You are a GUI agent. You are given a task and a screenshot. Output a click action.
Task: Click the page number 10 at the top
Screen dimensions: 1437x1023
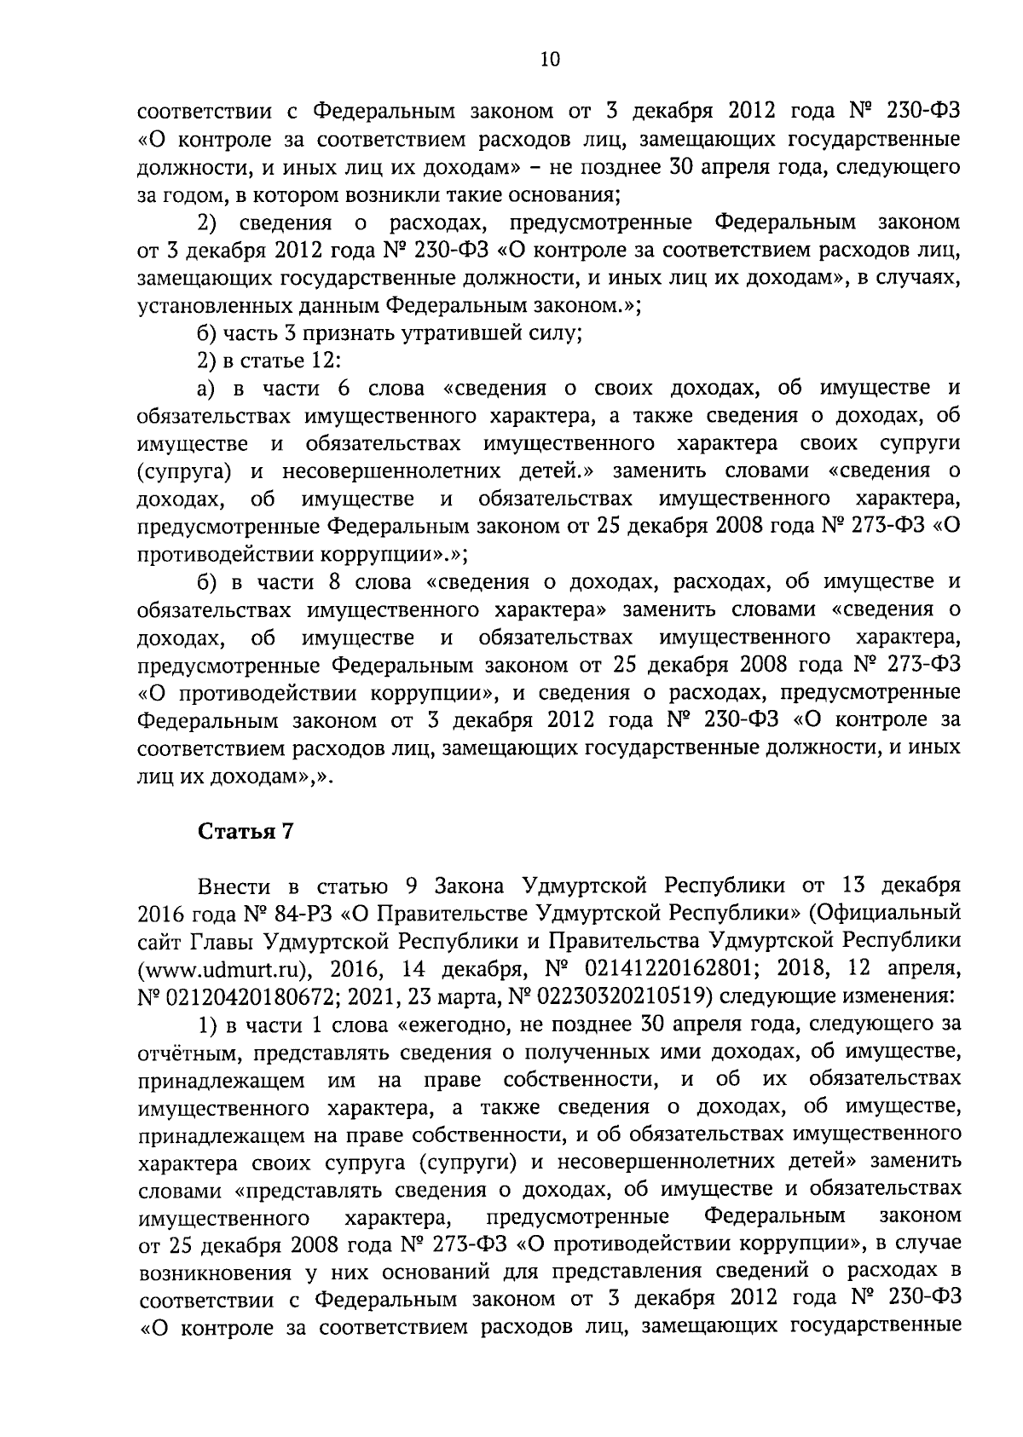tap(549, 59)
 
